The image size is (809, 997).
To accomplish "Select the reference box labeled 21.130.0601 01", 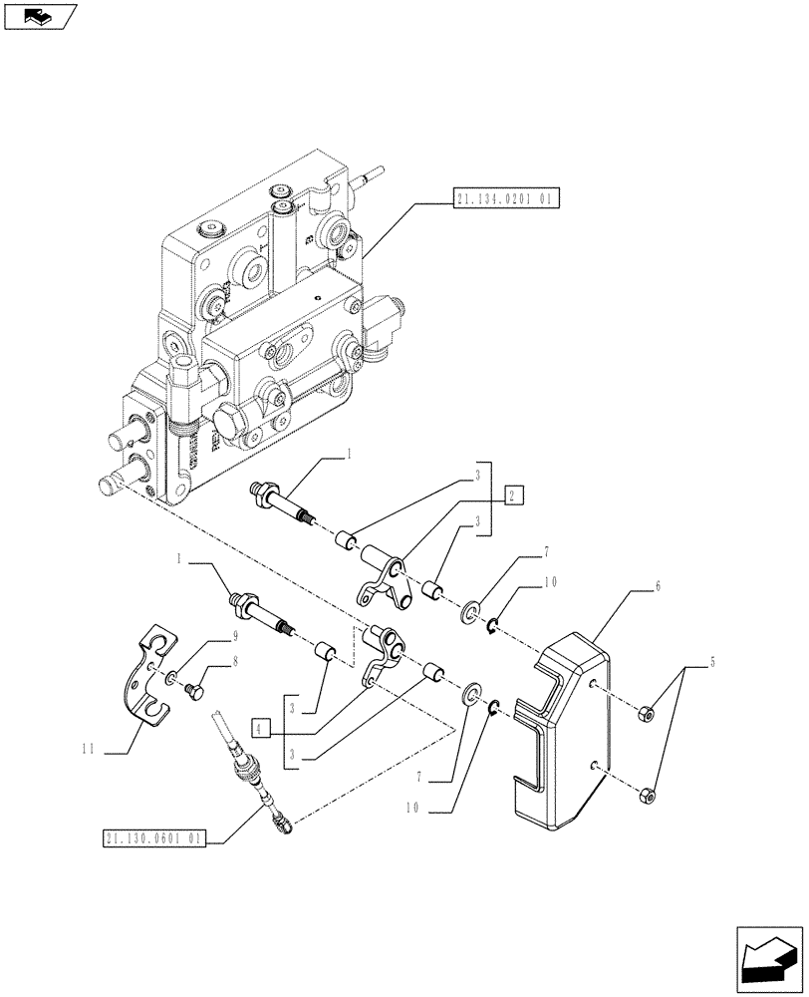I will [152, 839].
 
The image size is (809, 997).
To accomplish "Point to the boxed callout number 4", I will [261, 729].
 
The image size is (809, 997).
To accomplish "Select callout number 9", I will [207, 634].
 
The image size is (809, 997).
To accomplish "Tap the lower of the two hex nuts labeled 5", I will [646, 795].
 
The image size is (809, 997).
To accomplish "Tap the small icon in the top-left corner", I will [39, 15].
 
